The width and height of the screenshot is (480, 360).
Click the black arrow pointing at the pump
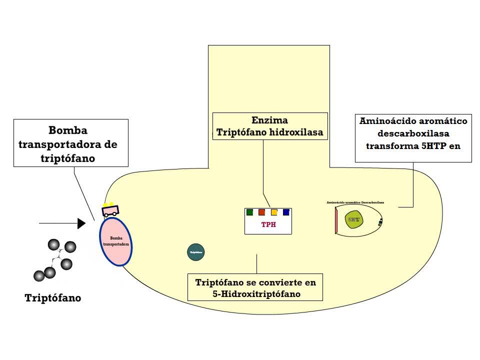[x=62, y=223]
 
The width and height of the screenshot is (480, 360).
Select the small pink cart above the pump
[x=110, y=210]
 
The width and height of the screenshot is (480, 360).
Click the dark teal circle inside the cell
[x=195, y=252]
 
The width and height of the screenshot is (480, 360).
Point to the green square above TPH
[x=249, y=212]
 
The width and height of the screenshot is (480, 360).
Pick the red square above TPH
[x=261, y=212]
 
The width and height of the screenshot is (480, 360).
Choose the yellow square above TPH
[x=274, y=212]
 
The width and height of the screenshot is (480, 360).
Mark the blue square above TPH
[x=286, y=212]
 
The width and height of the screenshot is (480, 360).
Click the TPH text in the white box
[x=268, y=224]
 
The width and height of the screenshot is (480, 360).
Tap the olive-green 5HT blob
[x=354, y=219]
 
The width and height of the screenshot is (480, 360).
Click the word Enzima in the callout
[x=269, y=120]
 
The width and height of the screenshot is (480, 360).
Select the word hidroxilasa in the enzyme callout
[x=296, y=132]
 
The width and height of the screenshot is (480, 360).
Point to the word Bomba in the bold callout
[x=67, y=130]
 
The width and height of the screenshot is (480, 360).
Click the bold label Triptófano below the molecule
[x=52, y=298]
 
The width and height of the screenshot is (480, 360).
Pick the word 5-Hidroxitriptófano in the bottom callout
[x=255, y=293]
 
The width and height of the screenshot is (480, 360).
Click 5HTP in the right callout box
[x=436, y=146]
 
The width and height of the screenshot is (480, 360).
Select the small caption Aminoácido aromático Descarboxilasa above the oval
[x=358, y=202]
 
